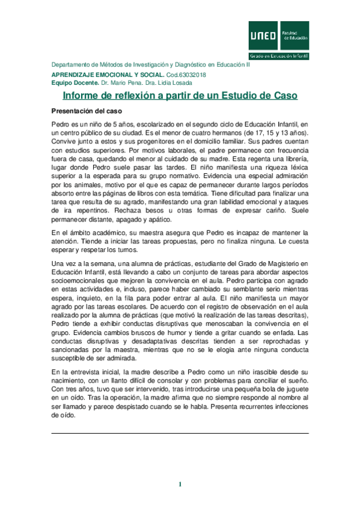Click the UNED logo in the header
tap(263, 35)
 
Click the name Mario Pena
tap(131, 82)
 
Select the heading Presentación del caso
tap(87, 111)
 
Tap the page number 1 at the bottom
tap(180, 484)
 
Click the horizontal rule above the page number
tap(180, 433)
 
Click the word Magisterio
tap(276, 263)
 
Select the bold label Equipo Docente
tap(74, 82)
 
